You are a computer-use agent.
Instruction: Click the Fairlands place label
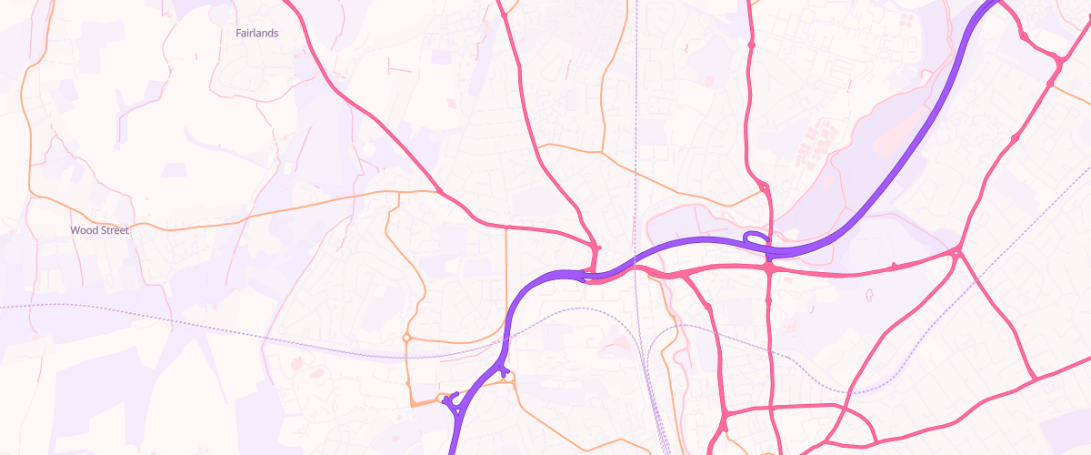pos(256,33)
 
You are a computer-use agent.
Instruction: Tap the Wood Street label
pos(100,230)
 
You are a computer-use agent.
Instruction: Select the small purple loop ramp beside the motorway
pos(755,238)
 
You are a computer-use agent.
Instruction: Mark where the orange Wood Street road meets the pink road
pos(439,191)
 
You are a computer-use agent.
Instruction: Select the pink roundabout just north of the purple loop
pos(764,187)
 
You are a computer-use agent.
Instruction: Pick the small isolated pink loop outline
pos(869,295)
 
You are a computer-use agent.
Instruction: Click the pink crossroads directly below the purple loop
pos(769,268)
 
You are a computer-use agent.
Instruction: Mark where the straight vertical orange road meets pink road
pos(506,227)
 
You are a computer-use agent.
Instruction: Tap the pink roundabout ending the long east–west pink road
pos(957,251)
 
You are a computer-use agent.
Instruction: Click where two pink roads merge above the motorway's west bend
pos(596,248)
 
